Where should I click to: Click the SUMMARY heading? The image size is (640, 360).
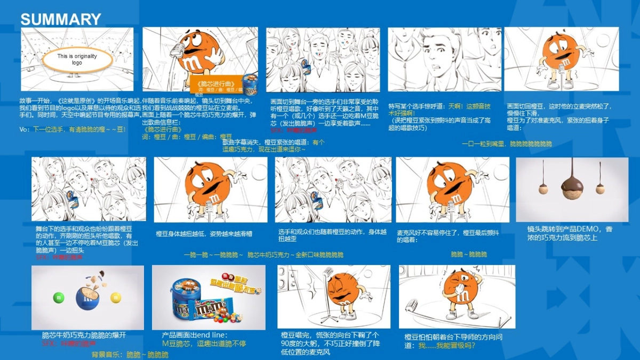point(60,20)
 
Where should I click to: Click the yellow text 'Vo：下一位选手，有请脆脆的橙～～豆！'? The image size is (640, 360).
point(73,130)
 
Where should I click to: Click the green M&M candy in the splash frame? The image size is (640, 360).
point(59,297)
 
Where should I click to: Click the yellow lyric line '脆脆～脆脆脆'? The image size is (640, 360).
point(469,254)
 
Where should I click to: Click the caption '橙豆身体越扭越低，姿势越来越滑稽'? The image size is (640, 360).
point(204,234)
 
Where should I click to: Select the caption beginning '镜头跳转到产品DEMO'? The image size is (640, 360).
point(569,234)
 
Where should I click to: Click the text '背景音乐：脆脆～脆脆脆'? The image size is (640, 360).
point(130,355)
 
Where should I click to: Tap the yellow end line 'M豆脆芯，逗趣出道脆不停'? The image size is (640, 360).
point(204,344)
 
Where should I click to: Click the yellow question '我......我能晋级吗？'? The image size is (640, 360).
point(447,346)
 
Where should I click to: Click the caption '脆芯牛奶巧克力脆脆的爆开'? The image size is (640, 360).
point(84,335)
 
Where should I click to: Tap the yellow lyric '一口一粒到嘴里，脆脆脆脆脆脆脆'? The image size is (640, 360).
point(507,144)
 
